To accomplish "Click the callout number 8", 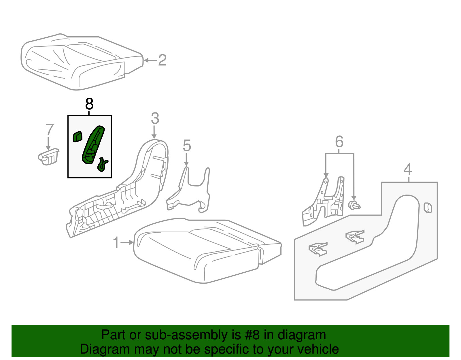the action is (89, 104).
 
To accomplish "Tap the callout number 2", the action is (162, 60).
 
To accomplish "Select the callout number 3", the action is (155, 118).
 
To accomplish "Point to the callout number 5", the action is (187, 146).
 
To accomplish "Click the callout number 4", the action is (408, 169).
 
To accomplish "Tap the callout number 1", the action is (116, 242).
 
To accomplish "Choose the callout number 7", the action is (50, 129).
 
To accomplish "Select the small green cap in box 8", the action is (77, 136).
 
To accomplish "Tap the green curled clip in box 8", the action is (103, 164).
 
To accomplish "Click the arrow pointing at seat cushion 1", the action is (127, 242).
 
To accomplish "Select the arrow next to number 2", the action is (150, 61).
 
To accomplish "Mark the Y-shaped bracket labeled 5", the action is (188, 190).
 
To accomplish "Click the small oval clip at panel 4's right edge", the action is (428, 208).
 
